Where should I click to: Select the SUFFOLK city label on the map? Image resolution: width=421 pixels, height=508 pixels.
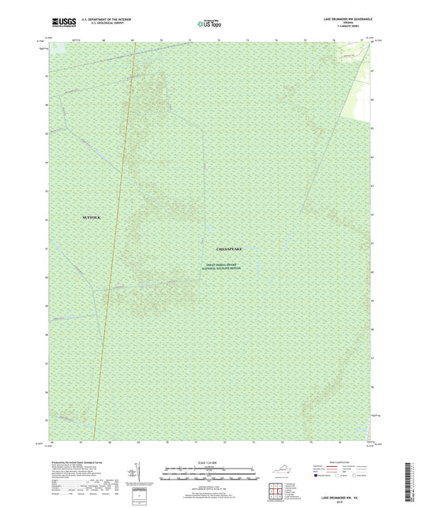[92, 216]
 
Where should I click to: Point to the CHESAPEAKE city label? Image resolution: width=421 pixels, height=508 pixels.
[223, 248]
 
